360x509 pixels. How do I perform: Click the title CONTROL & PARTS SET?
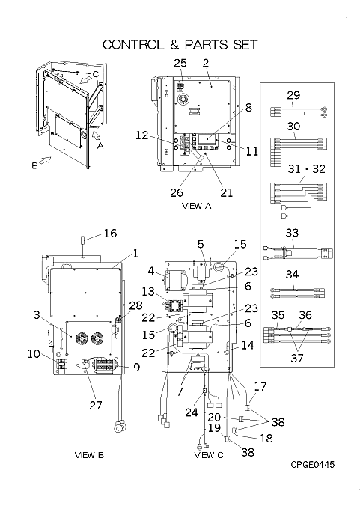coord(180,44)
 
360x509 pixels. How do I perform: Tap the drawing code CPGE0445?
coord(313,465)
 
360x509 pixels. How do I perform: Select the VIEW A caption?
coord(197,206)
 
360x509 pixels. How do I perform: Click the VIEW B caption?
coord(89,455)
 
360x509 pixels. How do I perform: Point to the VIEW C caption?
coord(209,455)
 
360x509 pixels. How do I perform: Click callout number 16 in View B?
coord(110,233)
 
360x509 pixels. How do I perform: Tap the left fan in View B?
coord(81,338)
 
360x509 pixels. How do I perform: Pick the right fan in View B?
coord(97,338)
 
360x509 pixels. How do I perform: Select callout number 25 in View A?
coord(180,63)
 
